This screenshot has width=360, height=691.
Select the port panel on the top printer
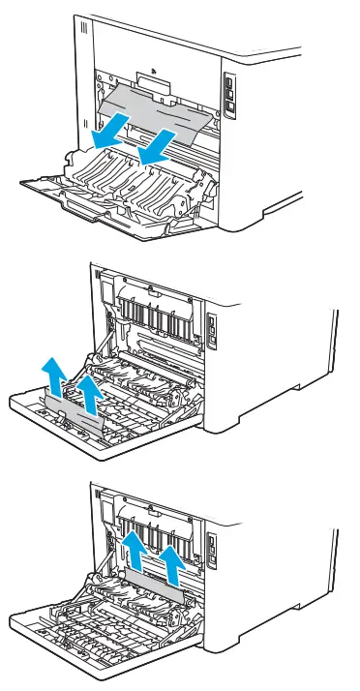[x=228, y=95]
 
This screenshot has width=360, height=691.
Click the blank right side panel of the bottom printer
[x=281, y=581]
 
